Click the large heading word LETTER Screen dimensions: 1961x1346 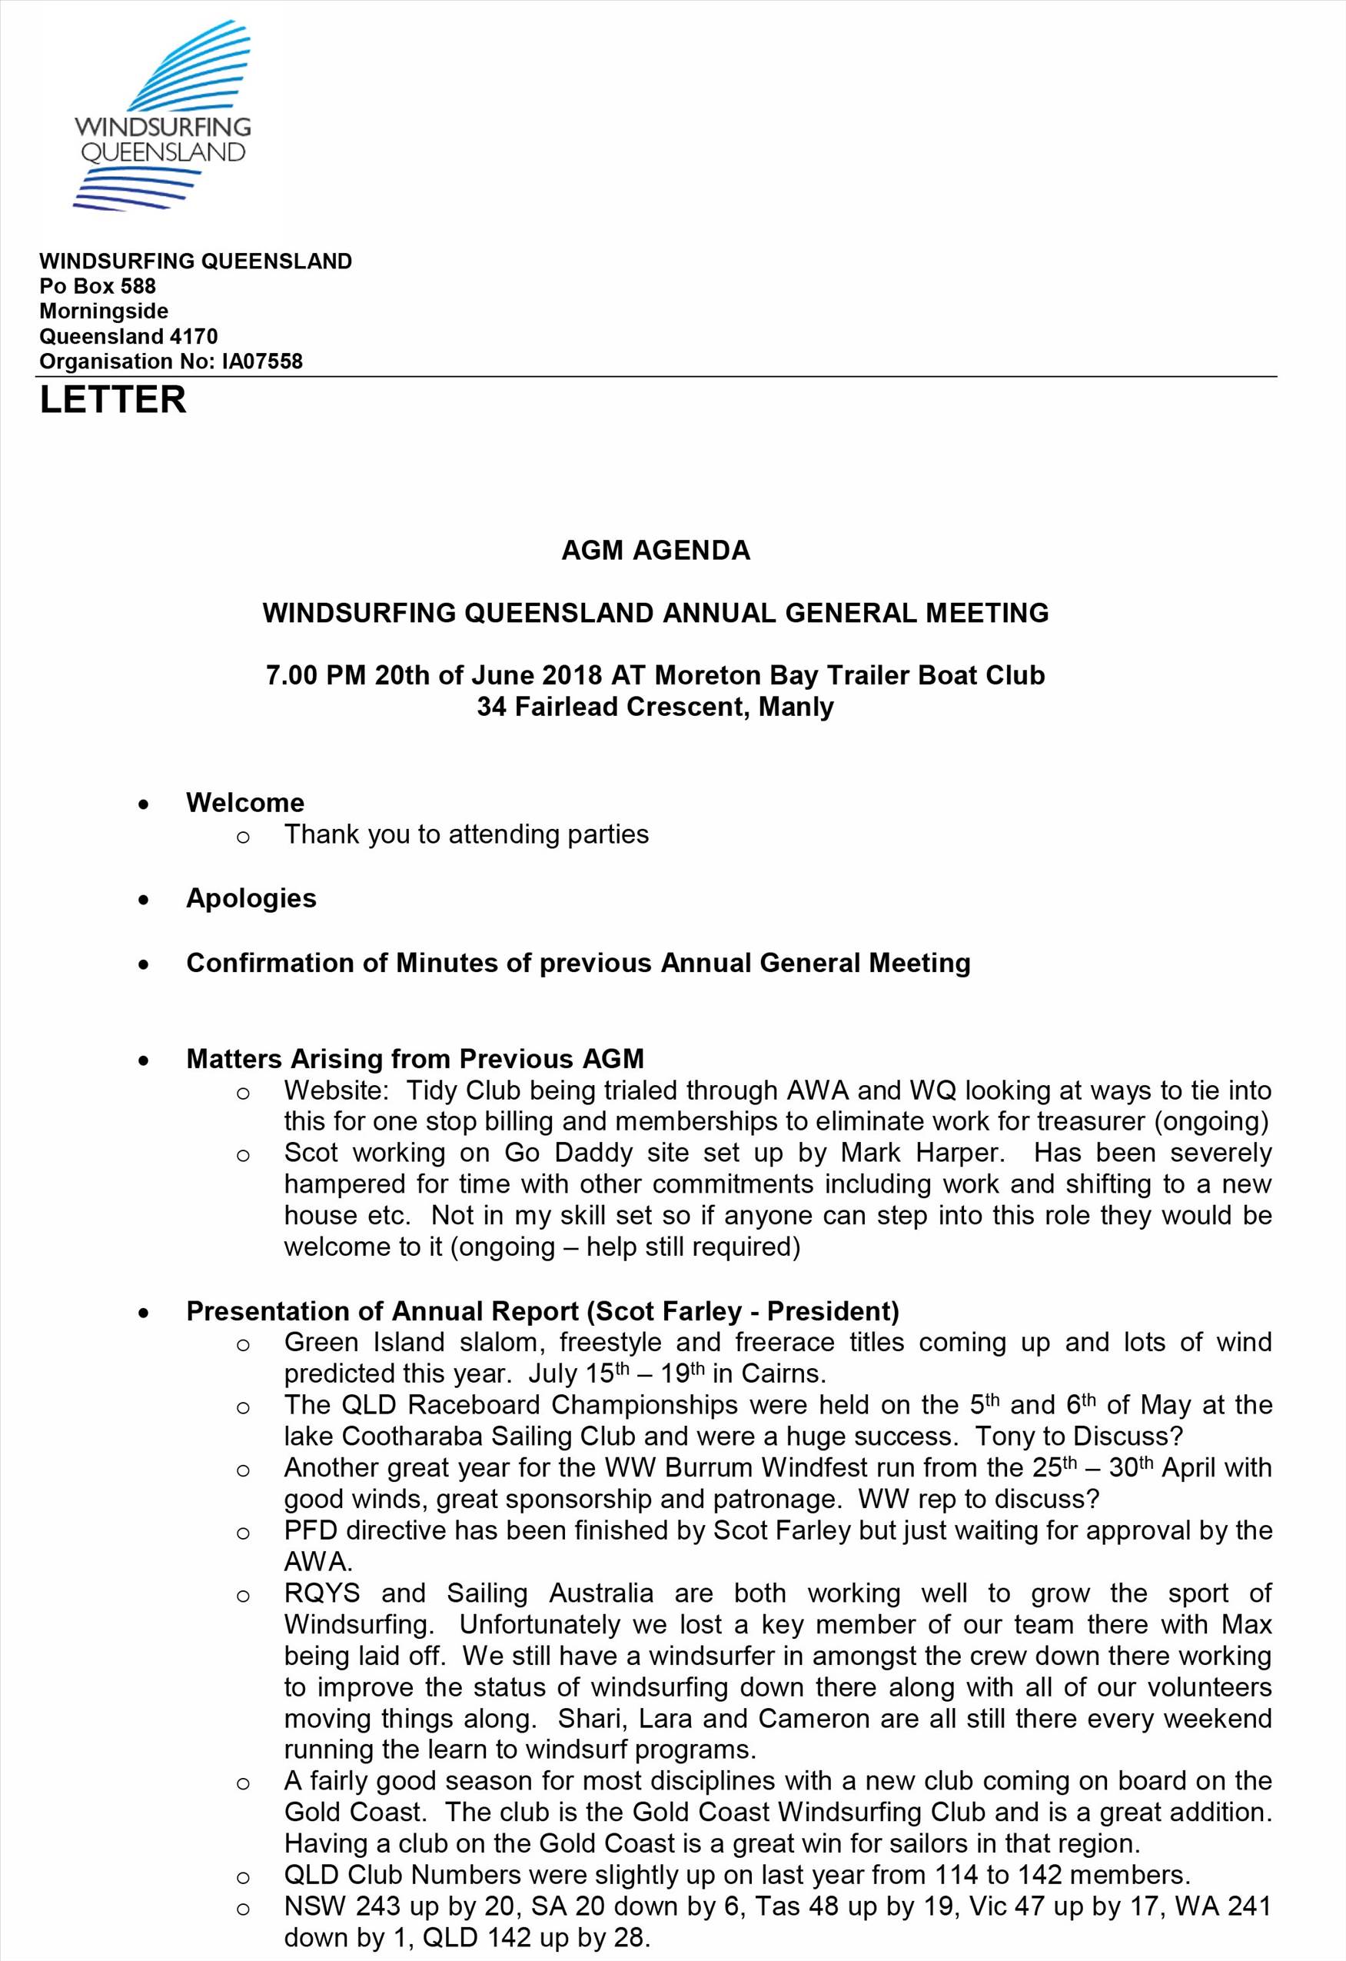113,400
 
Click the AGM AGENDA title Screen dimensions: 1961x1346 655,550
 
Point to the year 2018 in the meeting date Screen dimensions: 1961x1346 572,675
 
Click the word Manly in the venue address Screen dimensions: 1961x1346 796,706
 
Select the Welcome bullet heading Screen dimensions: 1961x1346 244,802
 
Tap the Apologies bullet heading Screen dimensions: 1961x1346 251,897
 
